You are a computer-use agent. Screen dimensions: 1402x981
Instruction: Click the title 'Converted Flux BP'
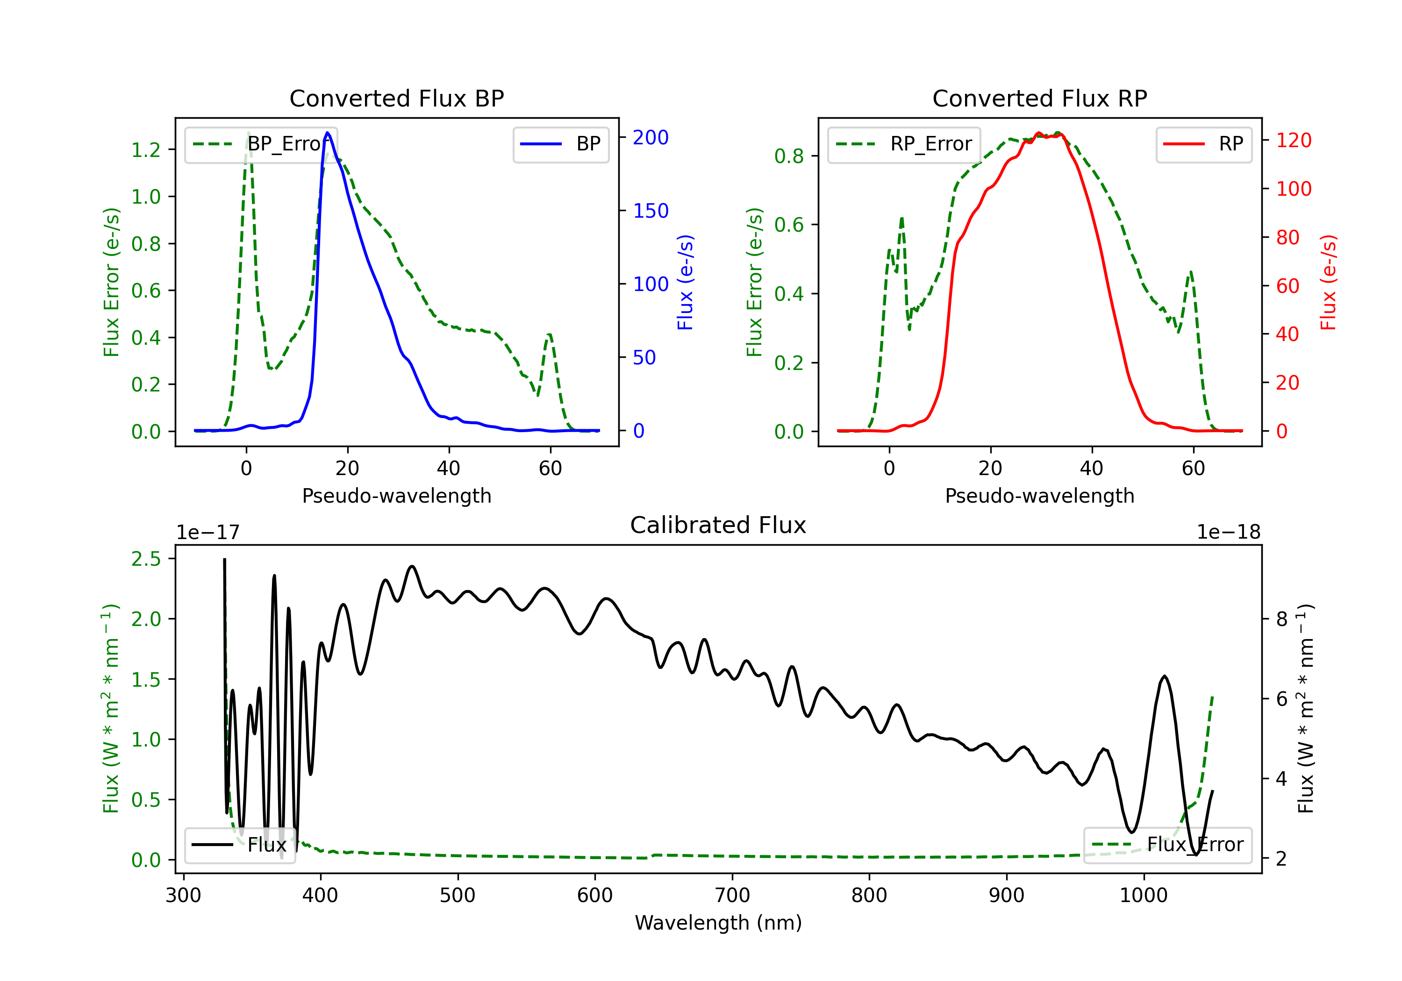[x=396, y=98]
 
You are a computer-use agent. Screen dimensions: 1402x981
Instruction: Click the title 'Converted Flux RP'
[x=1039, y=98]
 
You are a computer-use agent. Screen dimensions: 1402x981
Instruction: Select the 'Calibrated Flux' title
[x=718, y=525]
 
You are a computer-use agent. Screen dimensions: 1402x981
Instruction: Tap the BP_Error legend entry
[x=261, y=144]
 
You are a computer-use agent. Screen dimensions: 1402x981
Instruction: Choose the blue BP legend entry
[x=560, y=144]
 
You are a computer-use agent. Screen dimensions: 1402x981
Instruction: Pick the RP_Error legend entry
[x=904, y=144]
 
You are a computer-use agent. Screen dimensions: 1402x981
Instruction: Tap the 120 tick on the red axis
[x=1293, y=141]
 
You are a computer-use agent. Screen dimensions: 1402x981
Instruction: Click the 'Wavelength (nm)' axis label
[x=718, y=923]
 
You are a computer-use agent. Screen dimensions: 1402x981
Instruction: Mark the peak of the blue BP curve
[x=328, y=133]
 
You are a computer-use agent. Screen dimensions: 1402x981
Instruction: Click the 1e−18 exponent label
[x=1229, y=533]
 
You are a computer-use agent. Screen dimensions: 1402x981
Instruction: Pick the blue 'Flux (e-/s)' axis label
[x=685, y=283]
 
